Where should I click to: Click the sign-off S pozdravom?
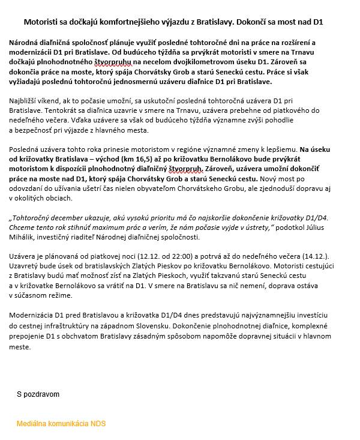pos(38,394)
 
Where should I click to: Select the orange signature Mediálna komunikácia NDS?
pos(61,423)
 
